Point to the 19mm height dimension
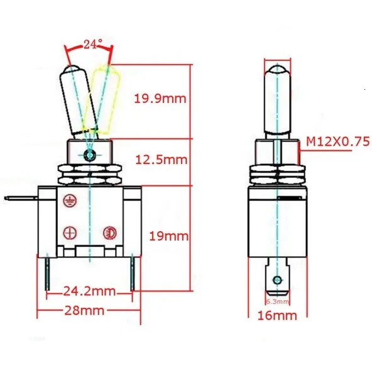point(168,236)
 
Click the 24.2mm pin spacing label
point(89,292)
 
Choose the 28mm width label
point(84,310)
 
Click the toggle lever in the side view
point(276,101)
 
